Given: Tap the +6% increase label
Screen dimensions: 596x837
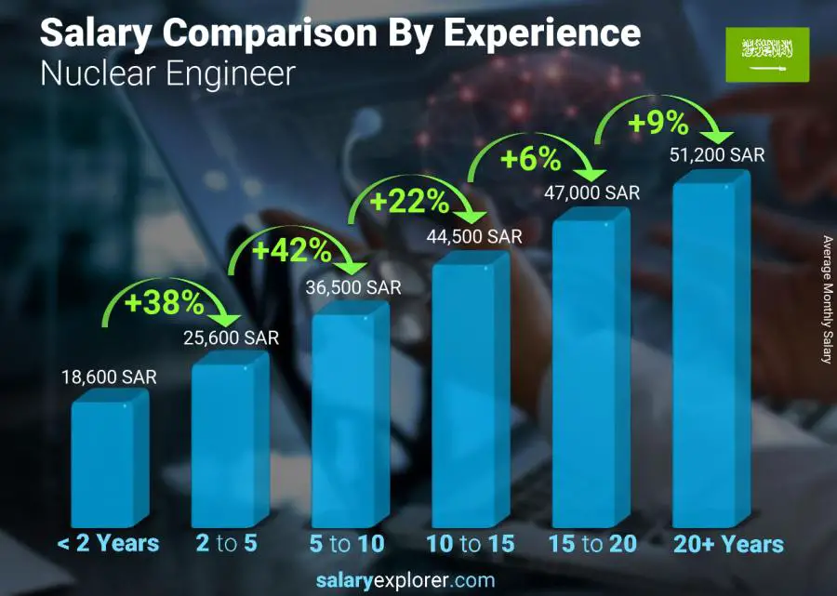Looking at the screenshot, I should (x=531, y=159).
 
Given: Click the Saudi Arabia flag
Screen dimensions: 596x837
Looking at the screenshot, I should (x=767, y=53).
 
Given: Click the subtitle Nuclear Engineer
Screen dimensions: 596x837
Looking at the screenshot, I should (x=167, y=73).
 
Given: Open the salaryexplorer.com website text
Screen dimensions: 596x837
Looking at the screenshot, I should (x=418, y=580).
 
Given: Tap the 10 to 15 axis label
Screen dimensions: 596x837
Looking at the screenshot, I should (x=470, y=544).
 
